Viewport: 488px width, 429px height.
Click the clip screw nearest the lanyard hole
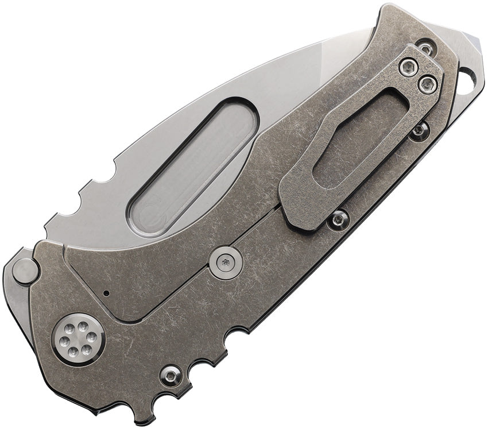(427, 84)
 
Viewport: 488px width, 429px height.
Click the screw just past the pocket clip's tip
(339, 218)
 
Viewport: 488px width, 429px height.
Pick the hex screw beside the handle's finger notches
(171, 376)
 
